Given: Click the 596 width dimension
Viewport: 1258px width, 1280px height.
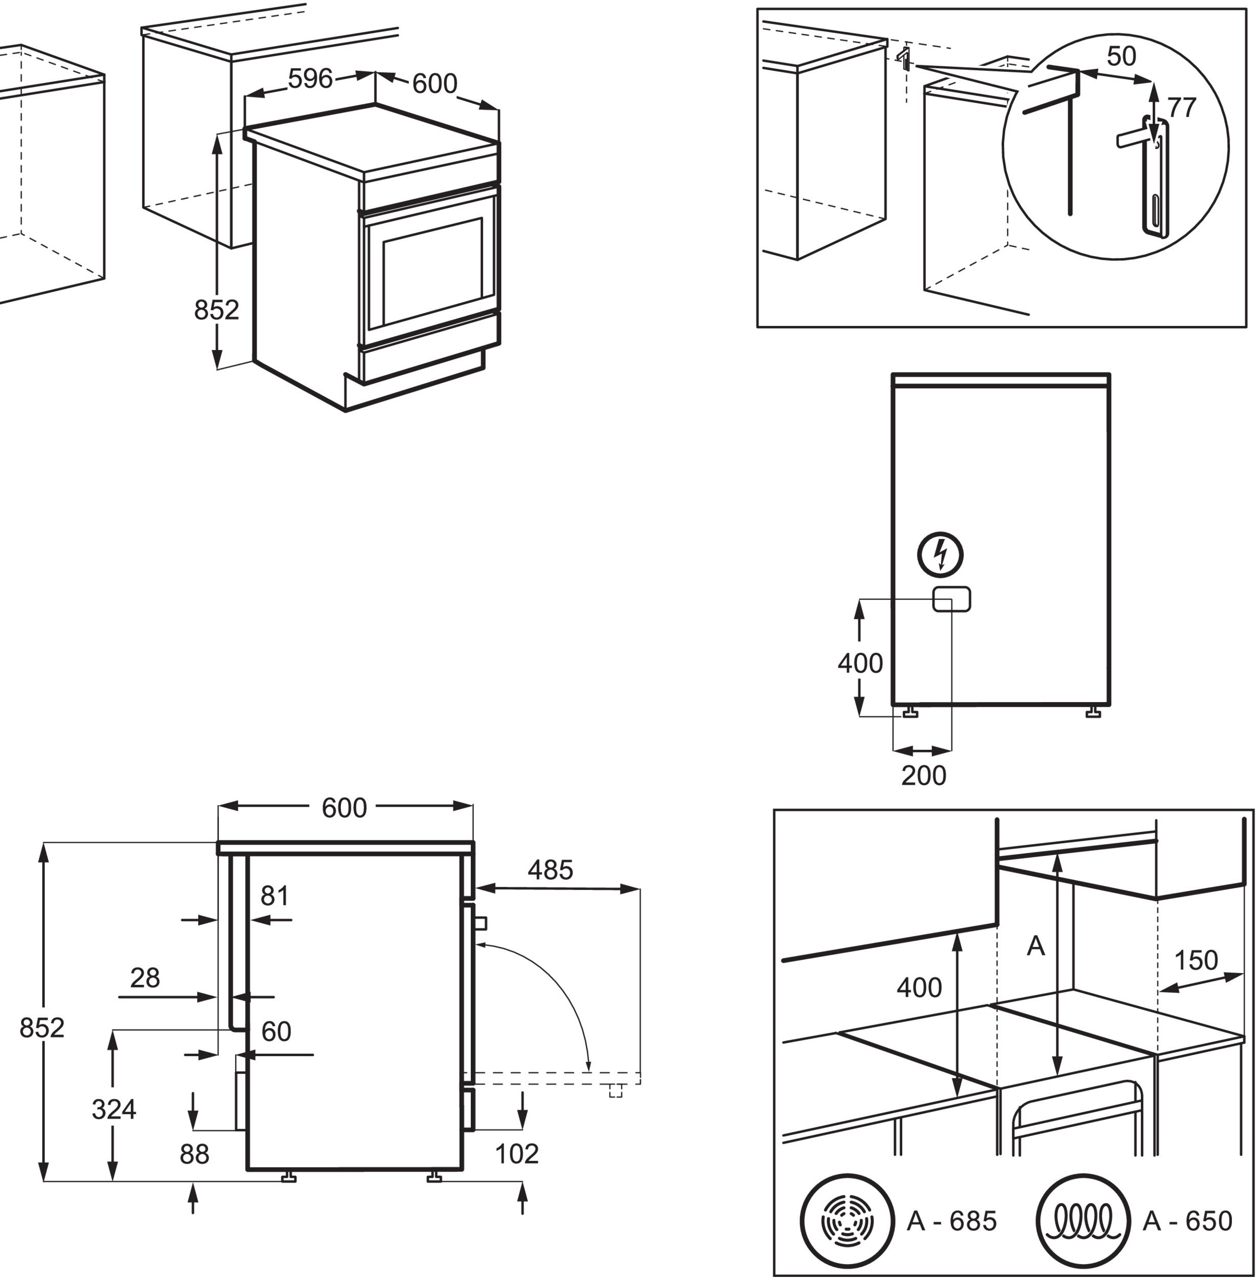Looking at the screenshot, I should (310, 79).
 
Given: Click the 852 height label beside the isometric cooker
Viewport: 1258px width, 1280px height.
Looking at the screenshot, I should (216, 310).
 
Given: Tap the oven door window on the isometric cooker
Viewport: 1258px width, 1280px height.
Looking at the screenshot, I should (432, 272).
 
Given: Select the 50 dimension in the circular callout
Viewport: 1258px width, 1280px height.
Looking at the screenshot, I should (1121, 57).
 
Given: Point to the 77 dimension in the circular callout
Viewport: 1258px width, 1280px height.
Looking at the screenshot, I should (1180, 108).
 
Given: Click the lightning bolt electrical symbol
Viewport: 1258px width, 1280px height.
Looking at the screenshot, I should (940, 555).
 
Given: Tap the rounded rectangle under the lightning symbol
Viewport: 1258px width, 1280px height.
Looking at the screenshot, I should (951, 599).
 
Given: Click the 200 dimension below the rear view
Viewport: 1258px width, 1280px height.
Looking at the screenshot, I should (923, 775).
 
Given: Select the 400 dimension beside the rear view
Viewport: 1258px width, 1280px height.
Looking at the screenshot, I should (860, 663).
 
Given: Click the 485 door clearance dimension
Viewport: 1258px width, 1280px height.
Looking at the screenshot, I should (550, 870).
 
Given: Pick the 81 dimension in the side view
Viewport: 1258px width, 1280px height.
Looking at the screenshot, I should (274, 896).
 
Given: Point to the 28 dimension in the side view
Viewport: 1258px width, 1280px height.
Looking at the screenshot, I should (145, 978).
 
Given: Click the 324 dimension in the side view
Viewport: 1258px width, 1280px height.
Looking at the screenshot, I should (113, 1110).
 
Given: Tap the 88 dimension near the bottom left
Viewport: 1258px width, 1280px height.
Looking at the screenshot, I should (194, 1154).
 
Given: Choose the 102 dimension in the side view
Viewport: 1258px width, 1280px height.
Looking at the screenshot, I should (517, 1154).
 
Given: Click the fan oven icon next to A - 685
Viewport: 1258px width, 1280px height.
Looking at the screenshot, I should (846, 1221).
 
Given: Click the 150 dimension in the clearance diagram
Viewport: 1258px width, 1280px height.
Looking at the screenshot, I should (1195, 960).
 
